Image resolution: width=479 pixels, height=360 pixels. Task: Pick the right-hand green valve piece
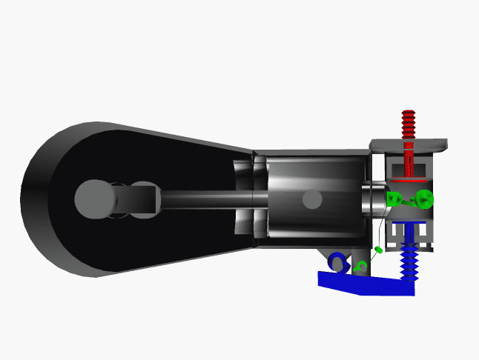pyautogui.click(x=423, y=199)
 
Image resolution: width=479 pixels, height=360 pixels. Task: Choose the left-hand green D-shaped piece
pyautogui.click(x=396, y=199)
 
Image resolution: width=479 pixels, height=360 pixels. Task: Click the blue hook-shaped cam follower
pyautogui.click(x=339, y=262)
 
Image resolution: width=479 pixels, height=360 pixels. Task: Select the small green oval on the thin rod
pyautogui.click(x=379, y=250)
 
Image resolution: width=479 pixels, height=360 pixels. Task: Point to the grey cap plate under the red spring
pyautogui.click(x=409, y=143)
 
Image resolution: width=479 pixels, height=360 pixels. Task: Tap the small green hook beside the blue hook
pyautogui.click(x=361, y=264)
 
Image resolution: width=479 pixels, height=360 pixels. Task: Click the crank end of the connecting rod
pyautogui.click(x=137, y=199)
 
